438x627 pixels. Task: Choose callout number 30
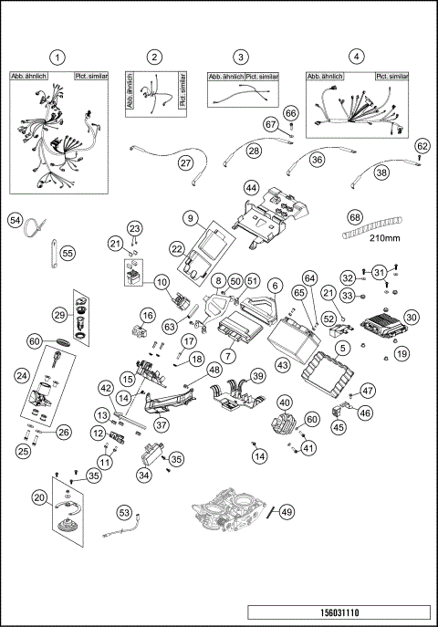tap(411, 317)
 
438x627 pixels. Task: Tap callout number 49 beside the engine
tap(287, 512)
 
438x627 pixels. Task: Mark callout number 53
tap(124, 513)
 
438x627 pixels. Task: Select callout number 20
tap(37, 496)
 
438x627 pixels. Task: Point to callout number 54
tap(15, 220)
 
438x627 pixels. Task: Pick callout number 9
tap(190, 218)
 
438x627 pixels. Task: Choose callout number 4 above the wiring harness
tap(357, 57)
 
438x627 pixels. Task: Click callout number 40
tap(286, 402)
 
